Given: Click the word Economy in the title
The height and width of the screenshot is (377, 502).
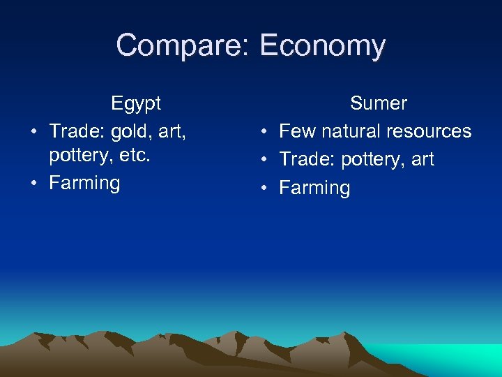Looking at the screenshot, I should (321, 46).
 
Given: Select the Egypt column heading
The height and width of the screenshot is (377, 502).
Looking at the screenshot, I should (135, 103).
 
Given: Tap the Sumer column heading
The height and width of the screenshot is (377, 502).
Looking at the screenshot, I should (378, 103).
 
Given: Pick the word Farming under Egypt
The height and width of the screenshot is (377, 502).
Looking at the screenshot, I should (84, 183).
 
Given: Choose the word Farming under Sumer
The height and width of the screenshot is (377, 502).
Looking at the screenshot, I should (314, 188).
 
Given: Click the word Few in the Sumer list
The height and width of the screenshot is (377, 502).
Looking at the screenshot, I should (297, 131).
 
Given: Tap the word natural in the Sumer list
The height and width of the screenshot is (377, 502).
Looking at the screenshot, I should (349, 131).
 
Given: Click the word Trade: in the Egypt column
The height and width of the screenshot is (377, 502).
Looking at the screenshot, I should (77, 131).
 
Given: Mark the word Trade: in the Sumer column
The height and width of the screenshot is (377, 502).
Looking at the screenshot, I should (307, 159).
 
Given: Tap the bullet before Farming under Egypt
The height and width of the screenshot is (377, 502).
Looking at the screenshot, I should (33, 183).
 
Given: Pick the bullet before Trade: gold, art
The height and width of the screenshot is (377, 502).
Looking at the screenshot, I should (33, 131).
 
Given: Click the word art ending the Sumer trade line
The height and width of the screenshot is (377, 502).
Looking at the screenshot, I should (423, 159).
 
